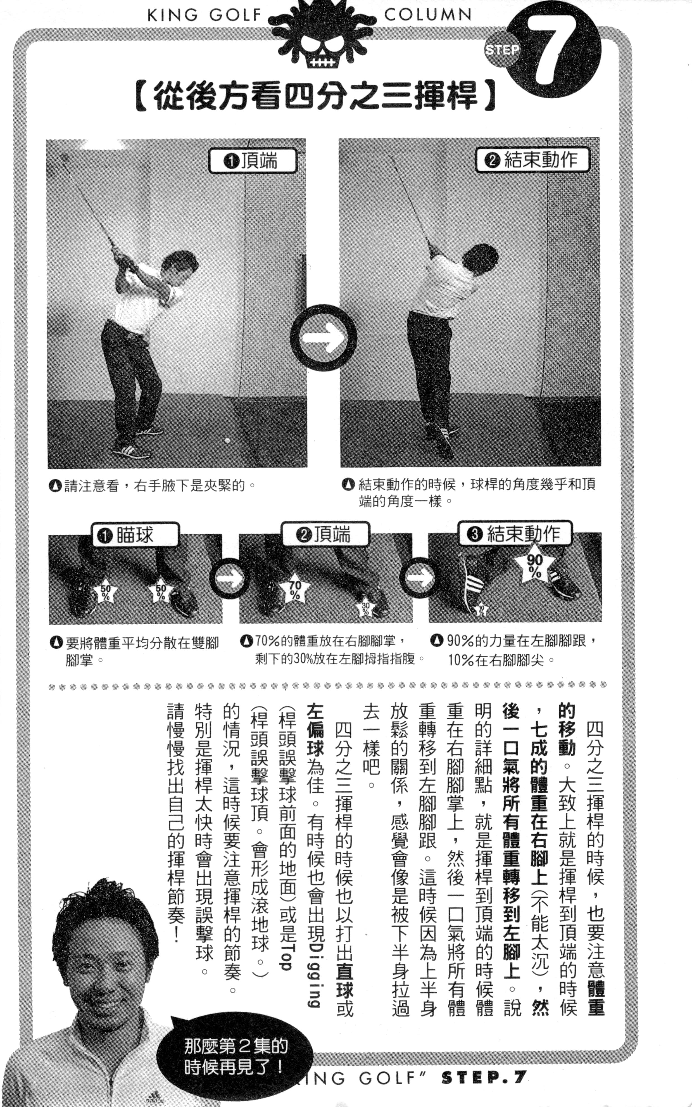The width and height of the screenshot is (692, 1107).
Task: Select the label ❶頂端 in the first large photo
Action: coord(253,161)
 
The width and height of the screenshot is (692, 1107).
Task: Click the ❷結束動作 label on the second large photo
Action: coord(532,160)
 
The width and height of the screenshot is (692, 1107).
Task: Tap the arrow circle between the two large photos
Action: coord(324,338)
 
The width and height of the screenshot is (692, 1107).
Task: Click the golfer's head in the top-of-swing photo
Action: coord(179,268)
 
